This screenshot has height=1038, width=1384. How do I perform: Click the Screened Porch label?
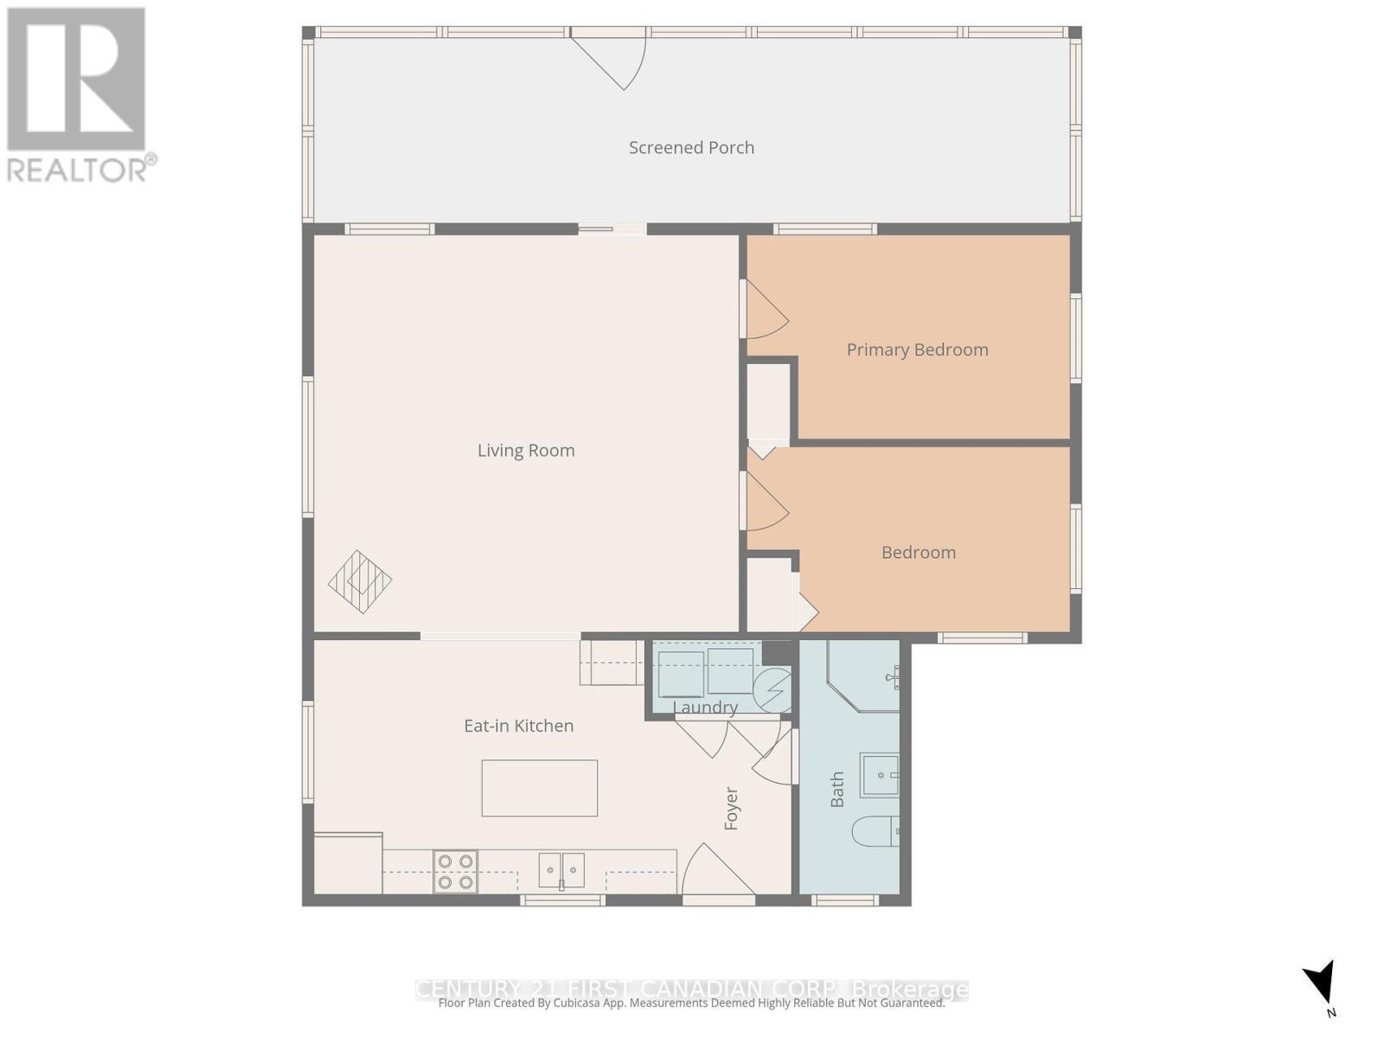(691, 148)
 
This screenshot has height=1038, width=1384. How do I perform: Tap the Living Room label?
(526, 451)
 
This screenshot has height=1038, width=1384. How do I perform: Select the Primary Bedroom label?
(917, 350)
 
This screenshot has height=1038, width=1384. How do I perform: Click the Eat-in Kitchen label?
(518, 727)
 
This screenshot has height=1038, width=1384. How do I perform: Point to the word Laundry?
(705, 708)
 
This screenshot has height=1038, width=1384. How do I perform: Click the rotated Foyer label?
(732, 809)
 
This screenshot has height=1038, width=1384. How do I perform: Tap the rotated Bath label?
(837, 790)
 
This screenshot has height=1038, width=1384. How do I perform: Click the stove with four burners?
(455, 871)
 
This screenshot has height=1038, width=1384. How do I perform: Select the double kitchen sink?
(561, 870)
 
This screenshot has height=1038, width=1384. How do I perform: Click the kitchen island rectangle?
(540, 788)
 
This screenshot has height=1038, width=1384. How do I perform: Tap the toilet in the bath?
(874, 833)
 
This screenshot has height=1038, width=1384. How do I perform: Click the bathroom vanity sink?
(878, 775)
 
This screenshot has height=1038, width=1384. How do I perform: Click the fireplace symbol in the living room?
(360, 581)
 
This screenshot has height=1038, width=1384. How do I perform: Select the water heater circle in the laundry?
(772, 689)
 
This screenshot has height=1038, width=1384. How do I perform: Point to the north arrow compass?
(1321, 984)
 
